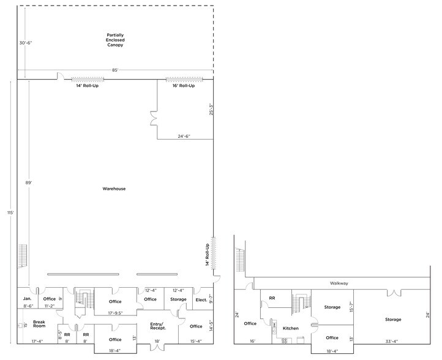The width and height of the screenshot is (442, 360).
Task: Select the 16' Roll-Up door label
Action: click(x=183, y=86)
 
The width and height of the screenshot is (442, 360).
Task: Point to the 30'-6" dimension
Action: click(x=26, y=43)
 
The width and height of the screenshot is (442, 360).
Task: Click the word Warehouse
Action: click(x=114, y=189)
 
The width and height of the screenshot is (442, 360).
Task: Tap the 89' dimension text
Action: click(x=28, y=182)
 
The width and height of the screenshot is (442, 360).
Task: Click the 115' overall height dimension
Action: click(x=9, y=212)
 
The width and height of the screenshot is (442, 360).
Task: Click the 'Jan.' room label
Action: click(x=27, y=298)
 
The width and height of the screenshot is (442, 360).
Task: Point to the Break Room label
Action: click(x=40, y=324)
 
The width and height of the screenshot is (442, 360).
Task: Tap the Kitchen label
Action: click(x=290, y=328)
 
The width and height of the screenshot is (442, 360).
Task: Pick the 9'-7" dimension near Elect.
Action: click(x=210, y=299)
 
